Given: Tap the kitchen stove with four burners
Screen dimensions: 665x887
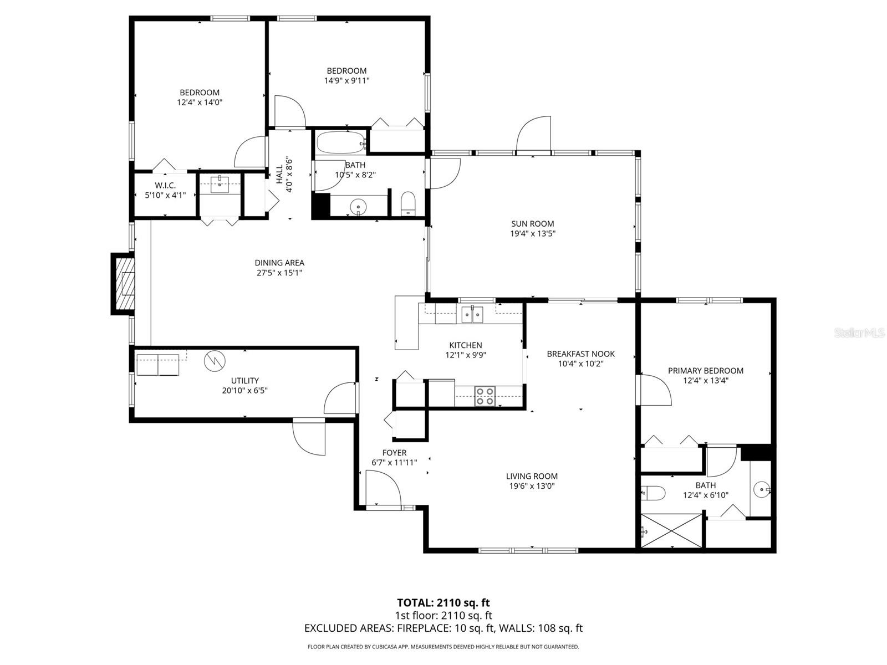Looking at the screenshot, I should pyautogui.click(x=485, y=396).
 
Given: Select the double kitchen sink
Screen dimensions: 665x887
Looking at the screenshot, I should pyautogui.click(x=472, y=314).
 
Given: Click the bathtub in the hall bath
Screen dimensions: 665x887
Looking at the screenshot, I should pyautogui.click(x=341, y=144).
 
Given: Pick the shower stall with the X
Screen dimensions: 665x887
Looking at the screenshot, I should pyautogui.click(x=671, y=530).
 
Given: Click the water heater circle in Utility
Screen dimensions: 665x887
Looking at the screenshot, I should pyautogui.click(x=215, y=361).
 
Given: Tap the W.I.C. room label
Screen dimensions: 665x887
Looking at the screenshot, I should pyautogui.click(x=165, y=186).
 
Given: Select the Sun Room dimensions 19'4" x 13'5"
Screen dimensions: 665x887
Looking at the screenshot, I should pyautogui.click(x=533, y=234).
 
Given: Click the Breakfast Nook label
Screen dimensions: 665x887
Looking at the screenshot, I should pyautogui.click(x=580, y=354).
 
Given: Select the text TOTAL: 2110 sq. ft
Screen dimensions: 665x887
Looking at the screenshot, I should pyautogui.click(x=443, y=602).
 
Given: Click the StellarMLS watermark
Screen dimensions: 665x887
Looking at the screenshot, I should pyautogui.click(x=860, y=333).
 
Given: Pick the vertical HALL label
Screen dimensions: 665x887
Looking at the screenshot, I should pyautogui.click(x=280, y=175).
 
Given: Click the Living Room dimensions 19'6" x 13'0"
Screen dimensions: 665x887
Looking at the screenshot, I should pyautogui.click(x=532, y=486).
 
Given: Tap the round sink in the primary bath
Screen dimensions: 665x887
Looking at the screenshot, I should pyautogui.click(x=762, y=489).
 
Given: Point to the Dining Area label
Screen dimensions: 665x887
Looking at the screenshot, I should pyautogui.click(x=279, y=263).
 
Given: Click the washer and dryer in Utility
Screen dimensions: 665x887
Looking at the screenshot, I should pyautogui.click(x=158, y=365).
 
